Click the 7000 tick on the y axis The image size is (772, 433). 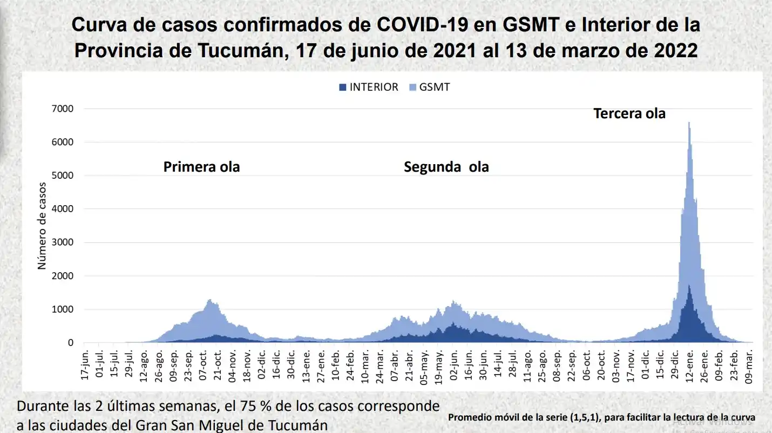[x=63, y=109]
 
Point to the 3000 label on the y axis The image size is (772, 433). [x=63, y=242]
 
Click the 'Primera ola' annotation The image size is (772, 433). [x=201, y=167]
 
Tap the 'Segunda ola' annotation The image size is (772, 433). [x=446, y=167]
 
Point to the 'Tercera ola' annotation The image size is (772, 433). [x=629, y=114]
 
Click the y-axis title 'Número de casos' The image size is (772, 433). [x=42, y=226]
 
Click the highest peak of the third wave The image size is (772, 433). [x=689, y=124]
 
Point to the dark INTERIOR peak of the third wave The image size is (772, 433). [x=689, y=286]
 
